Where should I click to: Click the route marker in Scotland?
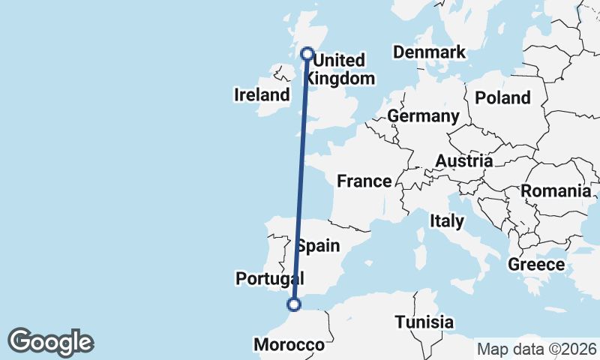pos(307,53)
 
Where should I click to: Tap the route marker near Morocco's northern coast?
pos(294,304)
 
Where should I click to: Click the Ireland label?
pos(262,95)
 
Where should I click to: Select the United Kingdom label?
pos(341,69)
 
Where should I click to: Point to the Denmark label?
pos(430,52)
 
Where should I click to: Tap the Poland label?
pos(502,97)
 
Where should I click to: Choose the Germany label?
pos(423,116)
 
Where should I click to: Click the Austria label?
pos(464,161)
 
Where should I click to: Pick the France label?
pos(364,181)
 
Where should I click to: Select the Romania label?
pos(556,191)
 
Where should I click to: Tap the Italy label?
pos(447,221)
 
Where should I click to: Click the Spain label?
pos(318,246)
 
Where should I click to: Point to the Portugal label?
pos(268,279)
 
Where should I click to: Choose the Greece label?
pos(536,265)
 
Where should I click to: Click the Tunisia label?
pos(424,322)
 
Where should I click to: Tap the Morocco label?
pos(289,345)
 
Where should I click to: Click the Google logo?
pos(50,342)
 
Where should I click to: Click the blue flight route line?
pos(301,180)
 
